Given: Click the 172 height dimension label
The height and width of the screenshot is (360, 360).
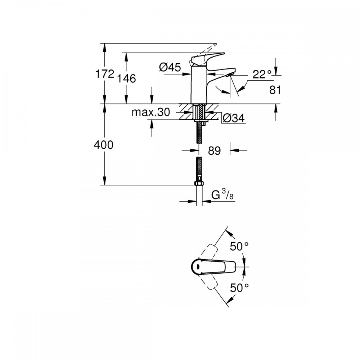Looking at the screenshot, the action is coord(105,74).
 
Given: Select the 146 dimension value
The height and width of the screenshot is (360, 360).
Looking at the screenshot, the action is coord(126,78).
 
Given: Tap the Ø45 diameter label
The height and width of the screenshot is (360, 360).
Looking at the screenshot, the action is coord(170,67).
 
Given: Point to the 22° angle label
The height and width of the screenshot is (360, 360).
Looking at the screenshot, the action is coord(262,75).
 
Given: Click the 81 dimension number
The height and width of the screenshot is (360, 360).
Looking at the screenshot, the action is coord(275,90).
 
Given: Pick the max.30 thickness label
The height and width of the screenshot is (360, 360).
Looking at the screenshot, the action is coord(150,112).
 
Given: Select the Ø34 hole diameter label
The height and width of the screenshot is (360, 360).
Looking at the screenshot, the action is coord(234,118).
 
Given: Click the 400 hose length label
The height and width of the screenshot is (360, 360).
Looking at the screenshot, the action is coord(104,145).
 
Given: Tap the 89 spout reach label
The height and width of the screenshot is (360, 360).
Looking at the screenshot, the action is coord(214,151).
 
